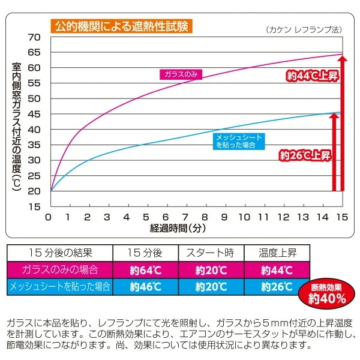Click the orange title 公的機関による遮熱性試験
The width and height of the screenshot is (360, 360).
coord(121,26)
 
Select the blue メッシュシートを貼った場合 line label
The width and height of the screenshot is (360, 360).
coord(238,141)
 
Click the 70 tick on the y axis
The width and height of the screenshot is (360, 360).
coord(34,37)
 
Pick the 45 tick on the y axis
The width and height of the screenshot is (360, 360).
coord(34,114)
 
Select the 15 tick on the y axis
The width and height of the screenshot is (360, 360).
coord(34,206)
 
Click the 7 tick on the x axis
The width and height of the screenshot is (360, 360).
coord(186,217)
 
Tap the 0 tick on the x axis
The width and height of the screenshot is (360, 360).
coord(49,217)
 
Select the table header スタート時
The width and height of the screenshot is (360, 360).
coord(211,253)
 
